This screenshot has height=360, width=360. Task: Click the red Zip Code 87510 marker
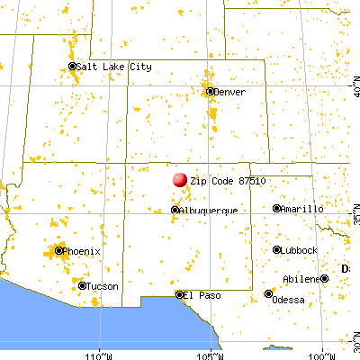(x=180, y=180)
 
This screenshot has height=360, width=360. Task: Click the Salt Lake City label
(x=114, y=67)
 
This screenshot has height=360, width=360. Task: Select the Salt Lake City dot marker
(x=73, y=67)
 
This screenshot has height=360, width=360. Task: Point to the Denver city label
(x=229, y=91)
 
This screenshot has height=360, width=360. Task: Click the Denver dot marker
(x=210, y=91)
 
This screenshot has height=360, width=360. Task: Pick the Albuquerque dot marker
(x=175, y=210)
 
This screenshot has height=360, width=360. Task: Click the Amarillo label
(x=302, y=209)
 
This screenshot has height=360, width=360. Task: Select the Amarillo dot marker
(x=277, y=209)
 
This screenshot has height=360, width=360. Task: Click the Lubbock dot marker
(x=277, y=249)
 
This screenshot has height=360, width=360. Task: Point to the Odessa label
(x=292, y=293)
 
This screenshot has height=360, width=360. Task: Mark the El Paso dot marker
(x=179, y=293)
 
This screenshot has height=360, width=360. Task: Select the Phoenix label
(x=81, y=250)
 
